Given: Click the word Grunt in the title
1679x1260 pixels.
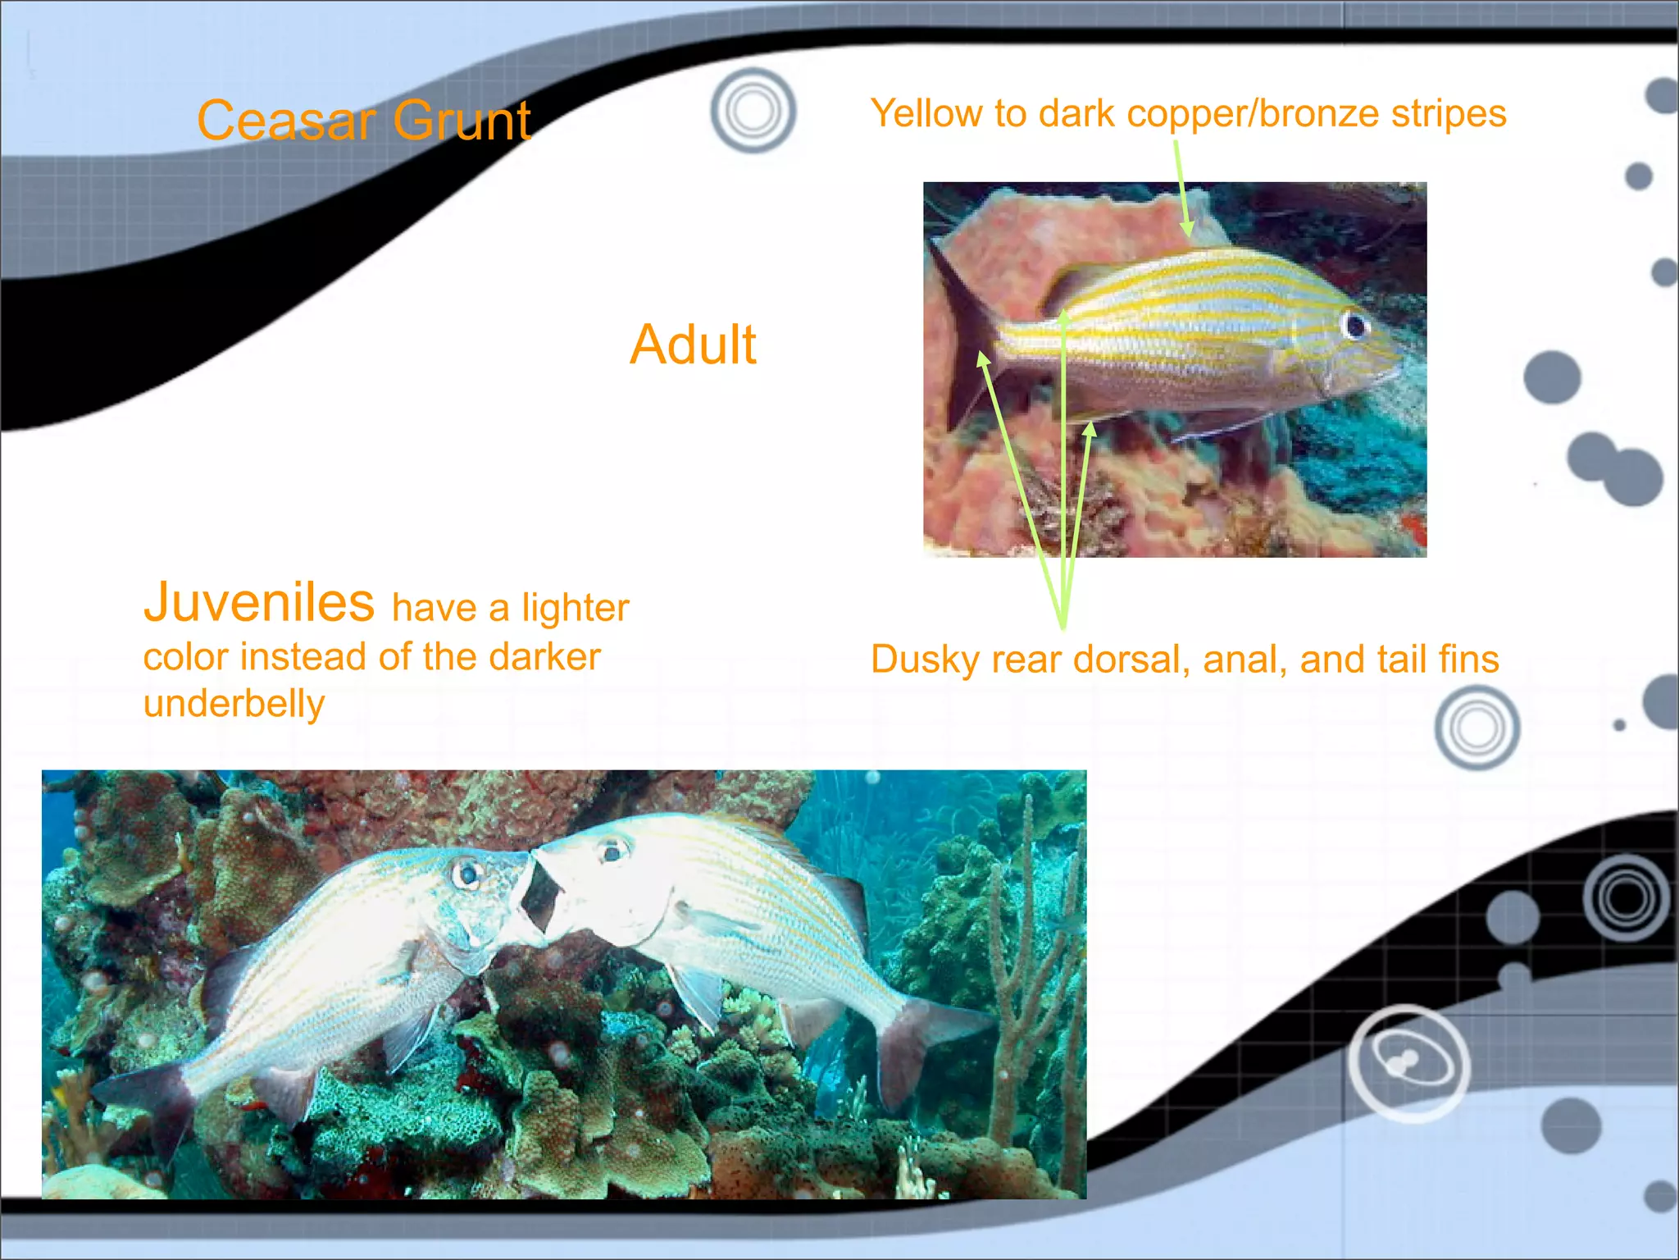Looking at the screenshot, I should click(x=462, y=121).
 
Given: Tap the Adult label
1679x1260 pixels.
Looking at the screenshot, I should click(x=693, y=345).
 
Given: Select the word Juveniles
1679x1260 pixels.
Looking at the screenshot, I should click(x=259, y=602).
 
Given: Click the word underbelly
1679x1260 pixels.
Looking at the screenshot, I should click(x=234, y=704).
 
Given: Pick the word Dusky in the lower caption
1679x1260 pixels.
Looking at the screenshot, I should click(x=925, y=660).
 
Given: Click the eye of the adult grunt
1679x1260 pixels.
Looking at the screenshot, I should click(x=1354, y=325).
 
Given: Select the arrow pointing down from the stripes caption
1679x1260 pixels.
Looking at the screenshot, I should click(x=1181, y=189).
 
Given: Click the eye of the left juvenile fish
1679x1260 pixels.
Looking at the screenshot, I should click(x=467, y=874).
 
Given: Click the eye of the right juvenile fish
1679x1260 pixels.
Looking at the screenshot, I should click(x=611, y=851).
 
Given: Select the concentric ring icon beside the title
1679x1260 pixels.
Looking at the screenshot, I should click(x=753, y=110).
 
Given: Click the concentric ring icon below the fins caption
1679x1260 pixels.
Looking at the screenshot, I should click(x=1477, y=728).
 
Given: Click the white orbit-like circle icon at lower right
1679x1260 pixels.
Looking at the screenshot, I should click(x=1408, y=1062).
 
